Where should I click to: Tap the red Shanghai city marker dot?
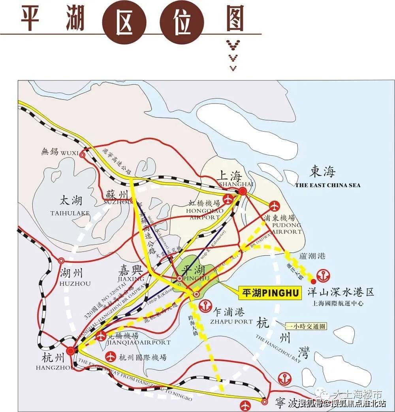pyautogui.click(x=243, y=191)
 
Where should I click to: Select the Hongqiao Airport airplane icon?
pyautogui.click(x=228, y=199)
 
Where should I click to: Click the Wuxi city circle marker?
pyautogui.click(x=82, y=155)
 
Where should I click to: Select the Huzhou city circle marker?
pyautogui.click(x=61, y=261)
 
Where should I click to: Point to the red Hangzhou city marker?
pyautogui.click(x=70, y=350)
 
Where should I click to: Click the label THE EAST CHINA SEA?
pyautogui.click(x=328, y=185)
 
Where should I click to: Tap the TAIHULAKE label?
pyautogui.click(x=70, y=213)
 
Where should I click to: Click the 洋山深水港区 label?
pyautogui.click(x=340, y=293)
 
